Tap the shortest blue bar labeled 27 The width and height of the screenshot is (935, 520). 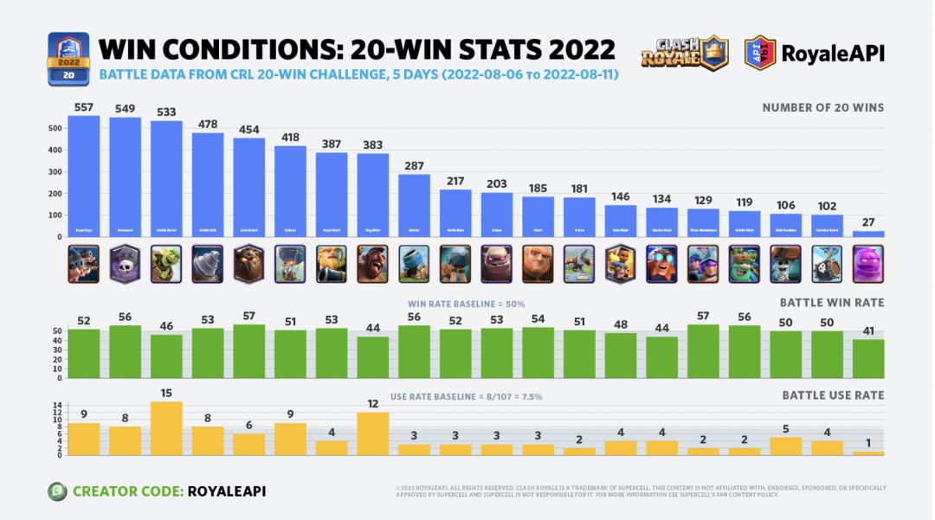[868, 234]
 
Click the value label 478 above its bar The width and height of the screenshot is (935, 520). [208, 125]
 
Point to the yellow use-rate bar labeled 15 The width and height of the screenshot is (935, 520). [166, 428]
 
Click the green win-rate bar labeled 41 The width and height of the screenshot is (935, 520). [868, 358]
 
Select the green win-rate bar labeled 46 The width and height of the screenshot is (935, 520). [166, 356]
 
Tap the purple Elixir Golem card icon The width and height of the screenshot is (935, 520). [868, 264]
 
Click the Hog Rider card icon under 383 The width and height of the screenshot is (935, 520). [373, 264]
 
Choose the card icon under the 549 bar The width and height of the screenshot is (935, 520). [126, 264]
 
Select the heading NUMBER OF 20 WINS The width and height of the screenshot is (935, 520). [822, 108]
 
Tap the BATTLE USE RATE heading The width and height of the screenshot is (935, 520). [833, 395]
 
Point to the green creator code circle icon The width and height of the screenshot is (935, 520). [57, 491]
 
